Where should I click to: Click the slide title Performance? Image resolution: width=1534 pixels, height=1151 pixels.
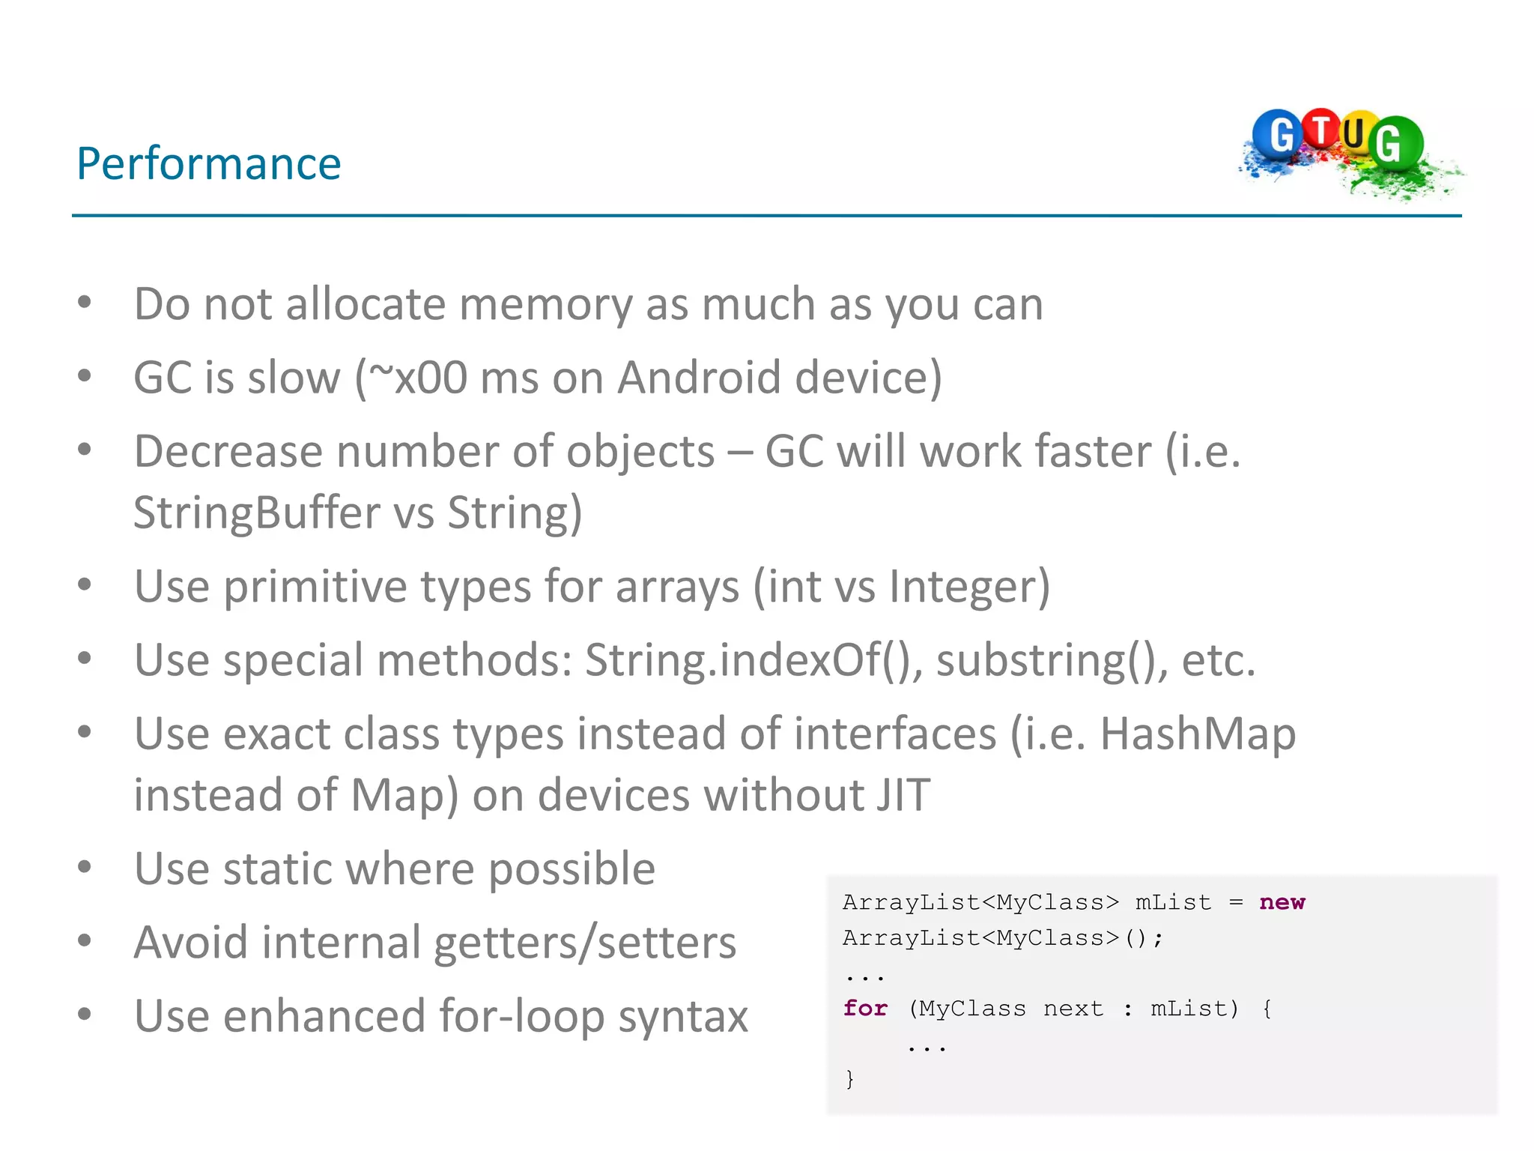[209, 163]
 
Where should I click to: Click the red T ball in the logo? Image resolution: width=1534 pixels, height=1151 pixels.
[1322, 129]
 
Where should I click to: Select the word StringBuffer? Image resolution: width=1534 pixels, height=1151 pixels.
[257, 513]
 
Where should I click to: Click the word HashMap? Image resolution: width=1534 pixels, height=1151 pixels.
[1198, 734]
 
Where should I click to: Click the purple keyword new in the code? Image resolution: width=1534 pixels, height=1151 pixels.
[1282, 902]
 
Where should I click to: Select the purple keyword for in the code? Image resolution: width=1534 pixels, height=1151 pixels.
[865, 1009]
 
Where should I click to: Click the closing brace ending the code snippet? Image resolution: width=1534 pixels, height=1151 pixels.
[849, 1079]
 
